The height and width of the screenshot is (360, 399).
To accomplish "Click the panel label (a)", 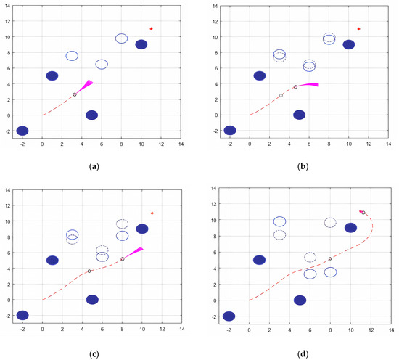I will click(94, 166).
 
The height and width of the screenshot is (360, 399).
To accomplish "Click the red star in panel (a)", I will click(151, 29).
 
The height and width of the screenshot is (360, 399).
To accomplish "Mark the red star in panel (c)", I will click(152, 213).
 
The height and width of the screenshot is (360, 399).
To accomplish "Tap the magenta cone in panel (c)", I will click(133, 253).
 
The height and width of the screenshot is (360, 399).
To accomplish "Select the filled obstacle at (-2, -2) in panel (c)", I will click(22, 315).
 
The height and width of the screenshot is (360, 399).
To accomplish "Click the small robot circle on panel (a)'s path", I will click(74, 94).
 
